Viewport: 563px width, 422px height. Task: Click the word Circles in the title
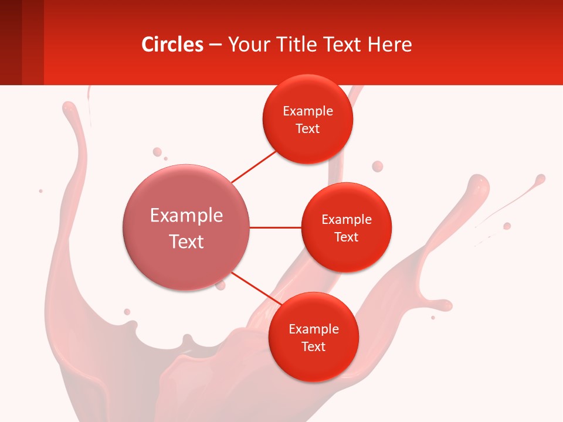click(172, 45)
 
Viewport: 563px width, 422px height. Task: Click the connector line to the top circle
click(253, 166)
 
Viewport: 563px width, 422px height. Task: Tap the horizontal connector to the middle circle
click(275, 227)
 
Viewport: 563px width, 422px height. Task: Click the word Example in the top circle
click(308, 111)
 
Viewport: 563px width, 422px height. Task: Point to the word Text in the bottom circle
click(313, 346)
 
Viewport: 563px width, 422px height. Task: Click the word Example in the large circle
click(186, 216)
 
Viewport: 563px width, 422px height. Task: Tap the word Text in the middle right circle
click(347, 237)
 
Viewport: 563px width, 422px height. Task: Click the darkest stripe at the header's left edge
click(11, 42)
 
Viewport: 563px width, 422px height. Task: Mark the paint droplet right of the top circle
click(378, 166)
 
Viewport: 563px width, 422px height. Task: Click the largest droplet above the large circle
click(157, 152)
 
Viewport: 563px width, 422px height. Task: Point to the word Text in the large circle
click(186, 241)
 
